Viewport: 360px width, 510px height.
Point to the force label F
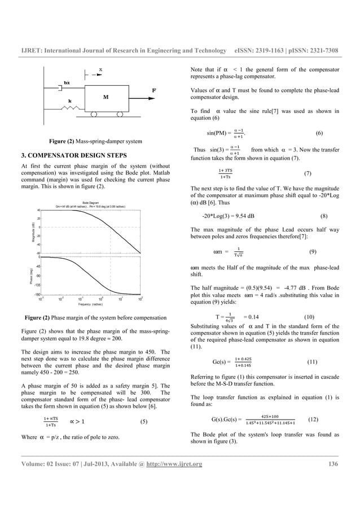[x=155, y=90]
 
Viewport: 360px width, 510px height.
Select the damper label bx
[x=67, y=82]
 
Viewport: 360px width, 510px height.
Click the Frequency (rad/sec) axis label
[x=90, y=304]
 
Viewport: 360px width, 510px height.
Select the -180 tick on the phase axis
[x=36, y=295]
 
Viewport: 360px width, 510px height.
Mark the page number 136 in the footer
[x=333, y=465]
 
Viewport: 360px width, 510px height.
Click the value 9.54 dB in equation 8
[x=243, y=216]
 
